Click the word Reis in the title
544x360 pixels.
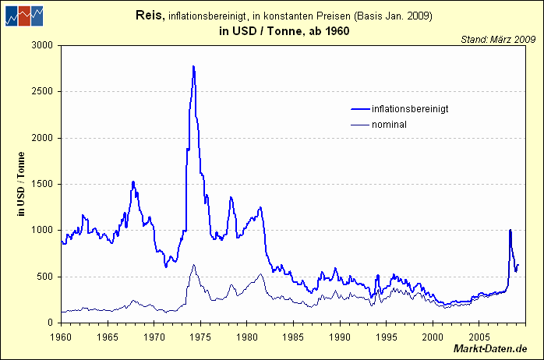(x=149, y=15)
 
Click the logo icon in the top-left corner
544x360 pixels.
(x=23, y=15)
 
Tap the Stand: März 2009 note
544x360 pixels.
(x=497, y=37)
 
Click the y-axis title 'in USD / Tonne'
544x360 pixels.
(x=22, y=184)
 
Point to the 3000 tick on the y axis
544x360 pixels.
(x=40, y=45)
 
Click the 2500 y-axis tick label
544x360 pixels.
(x=40, y=91)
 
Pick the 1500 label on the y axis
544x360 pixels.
(x=40, y=184)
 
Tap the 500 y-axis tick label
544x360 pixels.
(x=43, y=277)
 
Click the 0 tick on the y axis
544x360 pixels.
(x=48, y=323)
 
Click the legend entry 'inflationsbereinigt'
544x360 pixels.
(x=410, y=108)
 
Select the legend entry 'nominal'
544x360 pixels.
(x=390, y=124)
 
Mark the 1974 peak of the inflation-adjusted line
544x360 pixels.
(x=193, y=67)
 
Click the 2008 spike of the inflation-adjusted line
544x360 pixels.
(x=510, y=231)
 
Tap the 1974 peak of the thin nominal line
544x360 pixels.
(x=193, y=265)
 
